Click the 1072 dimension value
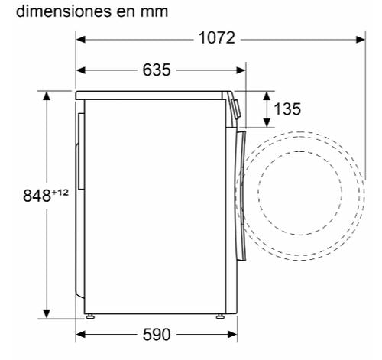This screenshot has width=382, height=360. (x=217, y=38)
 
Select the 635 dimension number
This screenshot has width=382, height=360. (x=157, y=70)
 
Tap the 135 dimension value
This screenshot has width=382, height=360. (x=287, y=109)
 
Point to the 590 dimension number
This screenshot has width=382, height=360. (x=157, y=335)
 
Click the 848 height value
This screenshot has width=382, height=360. (x=37, y=196)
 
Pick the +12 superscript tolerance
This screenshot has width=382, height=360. (x=60, y=193)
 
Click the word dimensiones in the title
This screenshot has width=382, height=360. (x=63, y=11)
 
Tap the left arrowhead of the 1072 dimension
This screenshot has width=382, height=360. (x=81, y=40)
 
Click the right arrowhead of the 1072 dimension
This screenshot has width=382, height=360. (x=361, y=40)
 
